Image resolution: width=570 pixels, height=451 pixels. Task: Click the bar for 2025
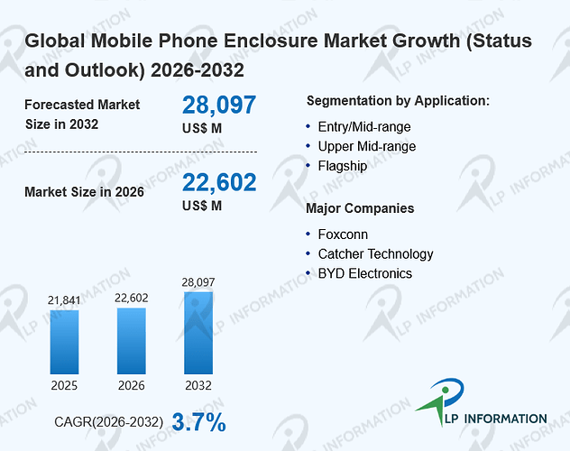coord(64,342)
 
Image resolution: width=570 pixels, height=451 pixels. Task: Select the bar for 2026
coord(132,341)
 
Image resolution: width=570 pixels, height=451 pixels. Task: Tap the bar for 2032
coord(198,333)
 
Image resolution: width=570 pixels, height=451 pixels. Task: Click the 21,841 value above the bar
coord(64,300)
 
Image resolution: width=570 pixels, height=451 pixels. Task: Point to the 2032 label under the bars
coord(198,385)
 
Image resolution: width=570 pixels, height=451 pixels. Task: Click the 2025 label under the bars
coord(64,385)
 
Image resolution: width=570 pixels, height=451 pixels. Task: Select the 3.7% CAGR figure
coord(198,422)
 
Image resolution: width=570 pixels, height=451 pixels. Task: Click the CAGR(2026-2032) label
coord(109,422)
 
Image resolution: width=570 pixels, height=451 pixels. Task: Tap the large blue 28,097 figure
coord(219,105)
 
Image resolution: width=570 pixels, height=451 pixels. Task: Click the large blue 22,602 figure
coord(219,182)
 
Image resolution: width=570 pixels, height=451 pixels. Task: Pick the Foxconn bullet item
coord(343,235)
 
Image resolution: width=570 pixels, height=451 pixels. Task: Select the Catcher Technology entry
coord(375,254)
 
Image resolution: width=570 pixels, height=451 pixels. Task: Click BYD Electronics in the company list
coord(365,273)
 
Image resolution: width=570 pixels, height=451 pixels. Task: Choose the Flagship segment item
coord(343,166)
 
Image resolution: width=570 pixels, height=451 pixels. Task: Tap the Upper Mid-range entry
coord(367,146)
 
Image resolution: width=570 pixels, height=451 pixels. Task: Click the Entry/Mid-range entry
coord(364,127)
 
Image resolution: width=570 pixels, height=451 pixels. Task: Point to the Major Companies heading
coord(360,208)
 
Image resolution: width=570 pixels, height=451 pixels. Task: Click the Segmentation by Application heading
coord(398,101)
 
